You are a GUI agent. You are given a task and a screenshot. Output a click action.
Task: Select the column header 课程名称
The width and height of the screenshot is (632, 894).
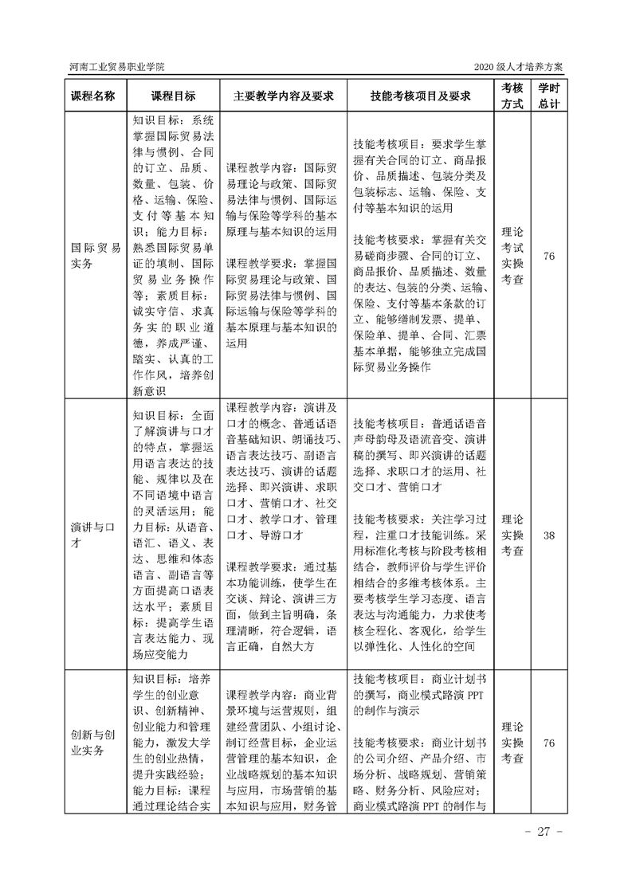94,96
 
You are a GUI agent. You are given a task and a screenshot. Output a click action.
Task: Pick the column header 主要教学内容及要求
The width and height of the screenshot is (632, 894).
282,96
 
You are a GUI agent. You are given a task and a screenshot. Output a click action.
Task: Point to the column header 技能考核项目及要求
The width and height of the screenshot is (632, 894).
420,96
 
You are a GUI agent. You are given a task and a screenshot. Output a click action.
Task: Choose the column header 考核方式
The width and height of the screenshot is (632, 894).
511,96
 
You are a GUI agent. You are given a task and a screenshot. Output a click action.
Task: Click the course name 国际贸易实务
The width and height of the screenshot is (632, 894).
94,256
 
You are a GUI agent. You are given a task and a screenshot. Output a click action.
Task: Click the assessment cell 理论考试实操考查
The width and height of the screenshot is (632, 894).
511,256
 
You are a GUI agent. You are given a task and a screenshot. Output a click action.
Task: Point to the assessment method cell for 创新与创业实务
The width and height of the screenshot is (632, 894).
511,743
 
